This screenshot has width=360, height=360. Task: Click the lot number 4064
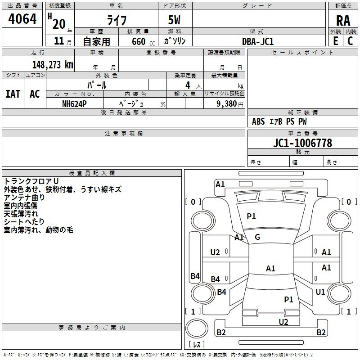click(22, 19)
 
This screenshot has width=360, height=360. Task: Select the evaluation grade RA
click(343, 20)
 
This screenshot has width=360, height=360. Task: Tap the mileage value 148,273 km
click(53, 65)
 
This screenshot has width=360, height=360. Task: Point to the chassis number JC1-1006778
click(302, 143)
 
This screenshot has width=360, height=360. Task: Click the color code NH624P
click(74, 103)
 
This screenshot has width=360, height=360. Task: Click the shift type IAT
click(13, 94)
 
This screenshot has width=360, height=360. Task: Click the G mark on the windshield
click(257, 237)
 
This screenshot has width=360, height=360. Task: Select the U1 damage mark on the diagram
click(320, 292)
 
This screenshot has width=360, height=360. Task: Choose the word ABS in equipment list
click(258, 121)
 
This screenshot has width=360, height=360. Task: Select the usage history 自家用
click(96, 42)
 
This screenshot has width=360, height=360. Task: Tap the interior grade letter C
click(350, 40)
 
